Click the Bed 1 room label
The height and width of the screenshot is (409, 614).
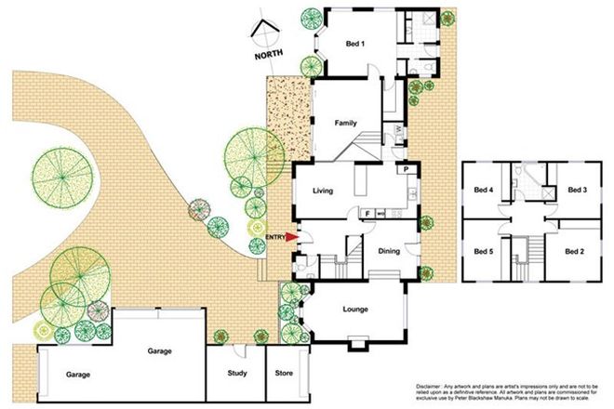tap(355, 44)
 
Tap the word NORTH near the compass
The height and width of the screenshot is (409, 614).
tap(269, 58)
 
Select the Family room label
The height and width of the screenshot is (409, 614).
tap(346, 123)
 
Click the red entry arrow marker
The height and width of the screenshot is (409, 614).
tap(291, 237)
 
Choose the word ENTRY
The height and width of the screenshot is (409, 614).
tap(274, 238)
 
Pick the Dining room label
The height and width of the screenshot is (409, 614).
tap(389, 250)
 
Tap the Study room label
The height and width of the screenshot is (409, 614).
tap(236, 375)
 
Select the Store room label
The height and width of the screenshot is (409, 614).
tap(284, 375)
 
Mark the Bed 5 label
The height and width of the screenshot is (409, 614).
tap(484, 251)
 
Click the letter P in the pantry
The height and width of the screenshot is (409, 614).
tap(407, 170)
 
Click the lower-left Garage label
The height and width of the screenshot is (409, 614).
tap(78, 375)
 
